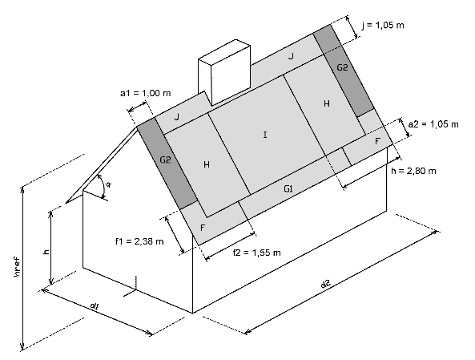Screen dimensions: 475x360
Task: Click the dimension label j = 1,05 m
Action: tap(383, 25)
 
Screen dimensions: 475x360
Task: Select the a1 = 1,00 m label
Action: tap(146, 93)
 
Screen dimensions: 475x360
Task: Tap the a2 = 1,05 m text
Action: tap(433, 124)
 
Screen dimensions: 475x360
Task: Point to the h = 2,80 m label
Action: tap(413, 171)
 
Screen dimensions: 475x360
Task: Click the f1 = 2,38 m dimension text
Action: tap(139, 241)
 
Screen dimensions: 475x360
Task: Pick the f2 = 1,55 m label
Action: tap(256, 253)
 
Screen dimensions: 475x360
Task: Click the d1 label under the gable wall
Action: tap(95, 306)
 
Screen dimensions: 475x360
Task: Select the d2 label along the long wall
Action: tap(326, 284)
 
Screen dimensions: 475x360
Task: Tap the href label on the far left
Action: tap(18, 267)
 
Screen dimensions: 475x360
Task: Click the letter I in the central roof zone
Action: tap(265, 135)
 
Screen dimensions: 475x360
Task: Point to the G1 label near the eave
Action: tap(288, 189)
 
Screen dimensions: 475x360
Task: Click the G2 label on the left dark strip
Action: tap(165, 160)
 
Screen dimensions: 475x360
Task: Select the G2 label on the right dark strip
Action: tap(342, 67)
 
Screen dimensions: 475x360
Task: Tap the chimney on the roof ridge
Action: tap(224, 72)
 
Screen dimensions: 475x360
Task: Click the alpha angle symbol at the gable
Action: tap(108, 184)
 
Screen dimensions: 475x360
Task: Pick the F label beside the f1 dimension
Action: tap(203, 228)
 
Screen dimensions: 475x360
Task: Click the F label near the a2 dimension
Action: tap(377, 141)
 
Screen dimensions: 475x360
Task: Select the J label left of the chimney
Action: tap(177, 117)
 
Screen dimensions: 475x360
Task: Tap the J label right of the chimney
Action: tap(291, 56)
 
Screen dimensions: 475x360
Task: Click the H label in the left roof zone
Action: tap(207, 164)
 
